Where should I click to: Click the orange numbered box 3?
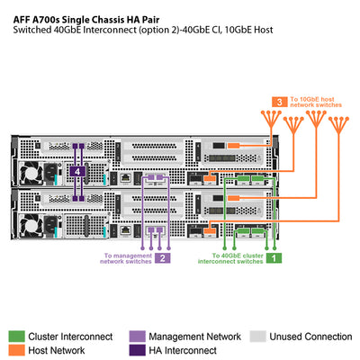(x=282, y=101)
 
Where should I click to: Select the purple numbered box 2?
(x=163, y=257)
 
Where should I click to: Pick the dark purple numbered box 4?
(x=79, y=171)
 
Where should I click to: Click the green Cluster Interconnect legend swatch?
(x=16, y=336)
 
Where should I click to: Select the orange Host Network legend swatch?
(x=16, y=350)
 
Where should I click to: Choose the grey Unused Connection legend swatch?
(x=257, y=336)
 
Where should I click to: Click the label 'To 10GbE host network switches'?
(x=316, y=101)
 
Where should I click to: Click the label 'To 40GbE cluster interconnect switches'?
(x=231, y=258)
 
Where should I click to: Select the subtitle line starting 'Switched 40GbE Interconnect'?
(x=144, y=30)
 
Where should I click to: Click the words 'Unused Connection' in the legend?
(x=310, y=336)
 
